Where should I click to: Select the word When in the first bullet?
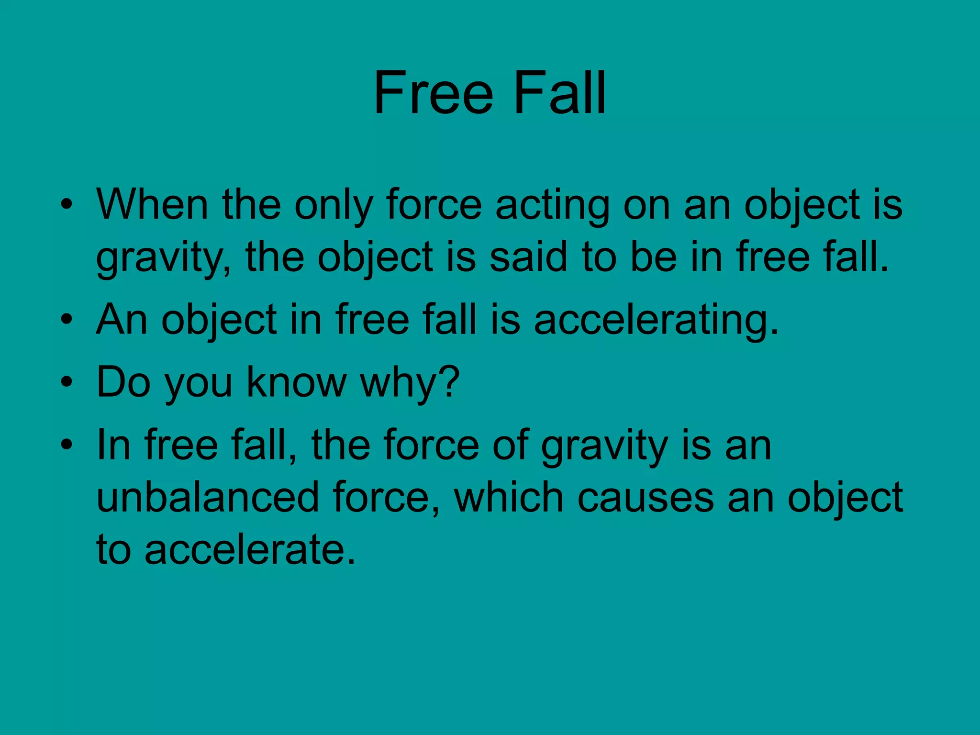click(152, 205)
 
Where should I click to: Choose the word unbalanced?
click(208, 498)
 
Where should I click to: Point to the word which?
click(509, 498)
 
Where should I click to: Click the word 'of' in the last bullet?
click(511, 445)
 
